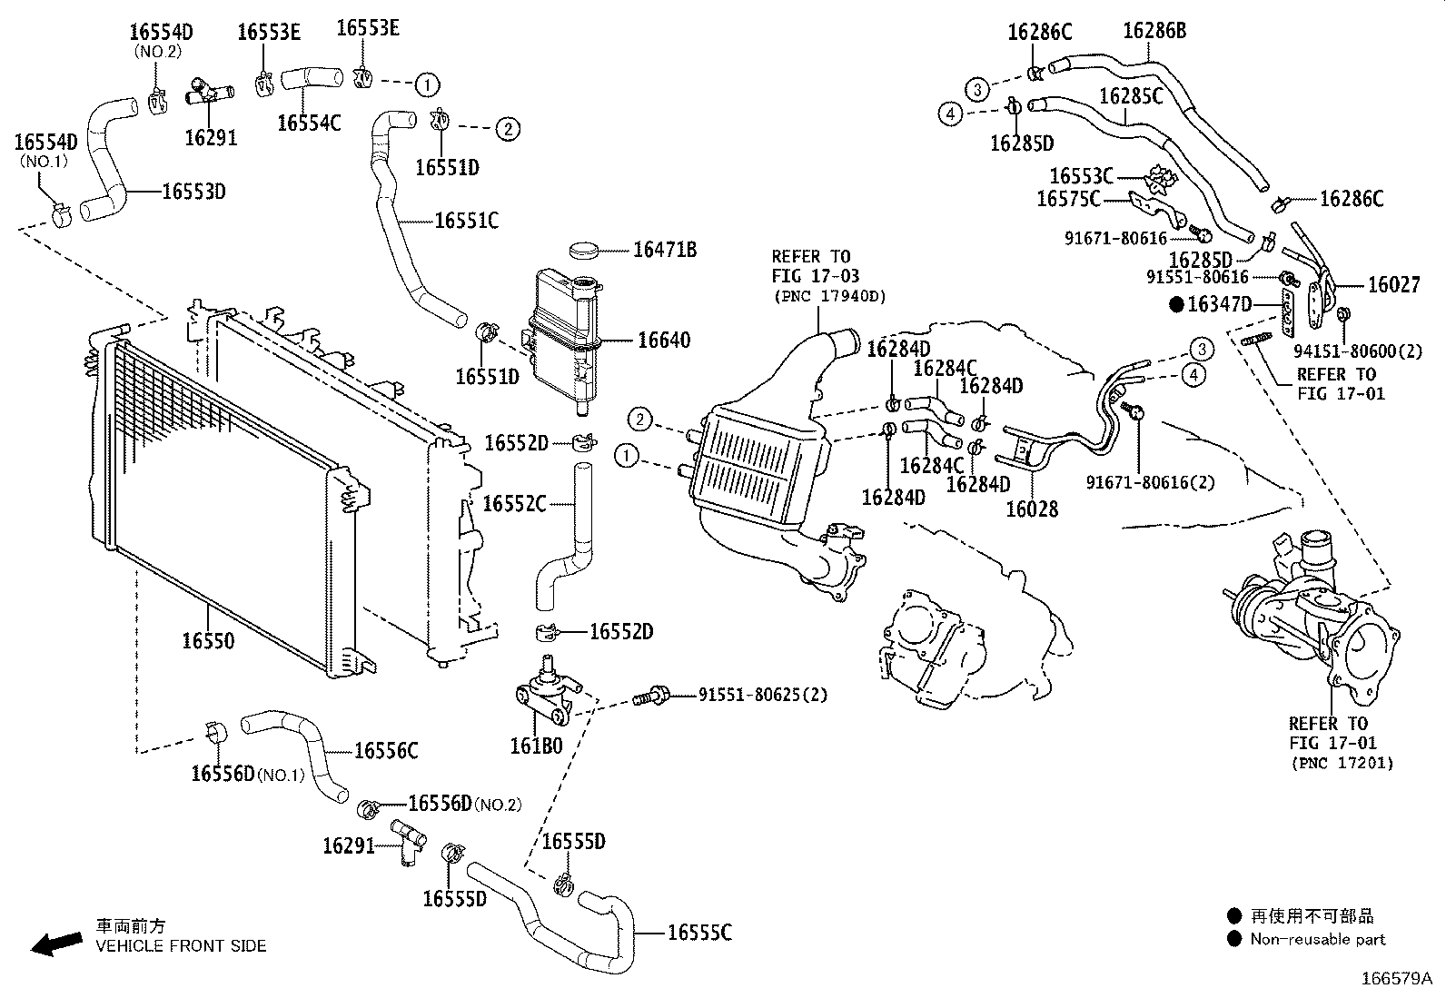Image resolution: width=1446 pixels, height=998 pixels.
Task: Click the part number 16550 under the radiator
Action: coord(208,641)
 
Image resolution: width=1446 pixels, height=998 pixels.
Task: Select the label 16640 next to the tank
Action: coord(663,341)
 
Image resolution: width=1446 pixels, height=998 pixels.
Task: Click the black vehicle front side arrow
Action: coord(55,944)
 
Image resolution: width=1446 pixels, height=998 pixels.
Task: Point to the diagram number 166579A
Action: coord(1395,979)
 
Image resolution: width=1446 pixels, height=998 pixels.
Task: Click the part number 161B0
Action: coord(536,746)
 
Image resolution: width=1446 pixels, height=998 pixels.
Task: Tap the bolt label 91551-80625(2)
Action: coord(762,696)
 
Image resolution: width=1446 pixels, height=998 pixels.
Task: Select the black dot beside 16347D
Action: coord(1177,305)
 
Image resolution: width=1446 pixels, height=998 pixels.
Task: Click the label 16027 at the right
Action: coord(1393,285)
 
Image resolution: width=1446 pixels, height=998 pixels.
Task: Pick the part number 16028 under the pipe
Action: coord(1031,509)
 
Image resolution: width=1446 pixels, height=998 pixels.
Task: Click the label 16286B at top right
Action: coord(1154,31)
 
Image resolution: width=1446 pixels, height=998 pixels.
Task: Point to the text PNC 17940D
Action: coord(828,296)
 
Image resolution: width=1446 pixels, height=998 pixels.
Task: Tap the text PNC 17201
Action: coord(1341,763)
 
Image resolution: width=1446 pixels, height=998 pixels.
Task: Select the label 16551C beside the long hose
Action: coord(466,221)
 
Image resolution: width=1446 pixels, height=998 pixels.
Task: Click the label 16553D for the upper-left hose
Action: coord(193,192)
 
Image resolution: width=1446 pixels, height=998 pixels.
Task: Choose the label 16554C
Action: coord(309,123)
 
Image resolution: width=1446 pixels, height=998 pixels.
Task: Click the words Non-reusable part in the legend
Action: coord(1317,940)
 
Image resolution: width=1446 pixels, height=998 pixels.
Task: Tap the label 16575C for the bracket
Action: coord(1068,198)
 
